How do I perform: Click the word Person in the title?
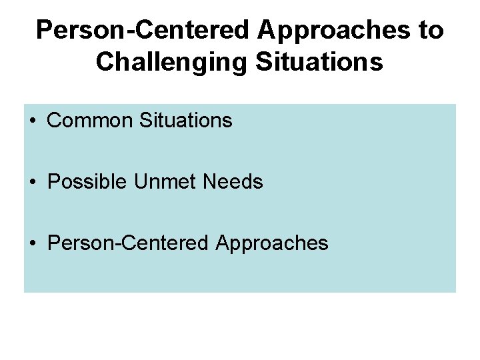[73, 30]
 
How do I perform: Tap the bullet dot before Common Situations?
[33, 121]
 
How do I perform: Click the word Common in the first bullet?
[90, 121]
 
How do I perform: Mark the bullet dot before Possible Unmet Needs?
[33, 182]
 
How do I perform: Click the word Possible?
[87, 182]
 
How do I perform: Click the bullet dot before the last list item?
[33, 243]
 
